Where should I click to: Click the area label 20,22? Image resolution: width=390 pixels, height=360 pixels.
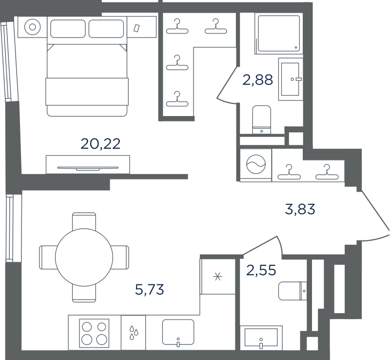coord(100,144)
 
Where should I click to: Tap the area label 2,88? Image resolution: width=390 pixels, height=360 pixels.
coord(258,80)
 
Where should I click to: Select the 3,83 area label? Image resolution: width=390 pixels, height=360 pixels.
coord(300,209)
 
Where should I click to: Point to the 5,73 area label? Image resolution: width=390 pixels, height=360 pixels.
coord(150,290)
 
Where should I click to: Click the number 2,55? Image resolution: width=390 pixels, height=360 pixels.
coord(261,270)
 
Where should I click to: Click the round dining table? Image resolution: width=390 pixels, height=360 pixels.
coord(84,258)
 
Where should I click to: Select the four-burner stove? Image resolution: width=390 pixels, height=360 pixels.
coord(94,333)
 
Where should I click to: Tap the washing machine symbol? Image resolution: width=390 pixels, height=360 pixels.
coord(256,164)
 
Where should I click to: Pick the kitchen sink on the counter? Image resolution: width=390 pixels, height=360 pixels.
coord(178,332)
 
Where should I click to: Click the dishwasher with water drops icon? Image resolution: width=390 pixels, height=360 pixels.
coord(133,333)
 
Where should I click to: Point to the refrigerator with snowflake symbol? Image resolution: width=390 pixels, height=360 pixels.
coord(218,277)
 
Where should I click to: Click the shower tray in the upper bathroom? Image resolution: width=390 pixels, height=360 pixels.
coord(279,34)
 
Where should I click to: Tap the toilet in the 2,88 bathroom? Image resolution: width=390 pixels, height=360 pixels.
coord(261,120)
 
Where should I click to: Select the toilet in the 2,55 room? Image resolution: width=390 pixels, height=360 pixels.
coord(292,291)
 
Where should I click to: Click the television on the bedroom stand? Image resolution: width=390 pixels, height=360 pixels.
coord(88,168)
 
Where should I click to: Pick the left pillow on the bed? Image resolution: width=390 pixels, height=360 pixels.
coord(68,29)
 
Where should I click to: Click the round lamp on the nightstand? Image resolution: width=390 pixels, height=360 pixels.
coord(32,27)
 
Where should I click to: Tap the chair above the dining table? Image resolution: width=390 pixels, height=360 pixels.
coord(84,221)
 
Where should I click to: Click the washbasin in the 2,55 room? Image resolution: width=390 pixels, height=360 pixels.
coord(261,338)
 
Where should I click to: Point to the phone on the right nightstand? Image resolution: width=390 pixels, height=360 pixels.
coord(136,28)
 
